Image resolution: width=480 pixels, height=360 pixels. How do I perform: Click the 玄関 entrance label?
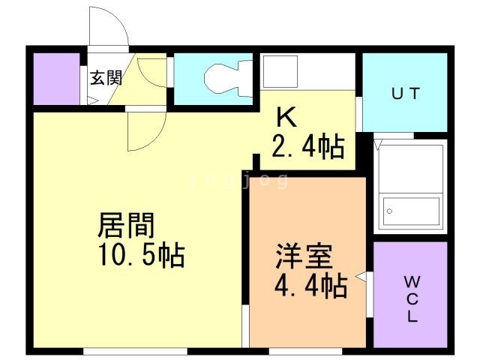coord(106,78)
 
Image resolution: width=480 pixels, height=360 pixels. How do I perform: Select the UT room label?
coord(406,94)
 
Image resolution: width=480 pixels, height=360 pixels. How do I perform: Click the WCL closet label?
coord(412,298)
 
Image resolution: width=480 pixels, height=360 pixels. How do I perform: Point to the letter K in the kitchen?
coord(286,117)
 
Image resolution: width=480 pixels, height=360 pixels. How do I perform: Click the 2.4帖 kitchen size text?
coord(308,147)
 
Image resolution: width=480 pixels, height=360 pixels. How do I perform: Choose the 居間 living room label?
coord(126,226)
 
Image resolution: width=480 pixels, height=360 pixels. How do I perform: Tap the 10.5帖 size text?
coord(142,255)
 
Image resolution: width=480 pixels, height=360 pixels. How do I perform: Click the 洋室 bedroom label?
coord(304,256)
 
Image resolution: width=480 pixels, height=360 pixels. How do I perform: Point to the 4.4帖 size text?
coord(311,286)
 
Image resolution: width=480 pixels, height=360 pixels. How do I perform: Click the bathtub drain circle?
coord(389,211)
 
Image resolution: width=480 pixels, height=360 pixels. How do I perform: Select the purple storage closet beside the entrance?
coord(57,79)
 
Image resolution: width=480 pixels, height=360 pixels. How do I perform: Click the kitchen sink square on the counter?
coord(280,72)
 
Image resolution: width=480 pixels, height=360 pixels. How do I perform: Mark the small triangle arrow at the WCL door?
coord(361,277)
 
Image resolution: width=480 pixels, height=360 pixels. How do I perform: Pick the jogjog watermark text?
coord(239,180)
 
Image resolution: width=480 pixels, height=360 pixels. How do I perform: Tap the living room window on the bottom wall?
coord(135,351)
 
